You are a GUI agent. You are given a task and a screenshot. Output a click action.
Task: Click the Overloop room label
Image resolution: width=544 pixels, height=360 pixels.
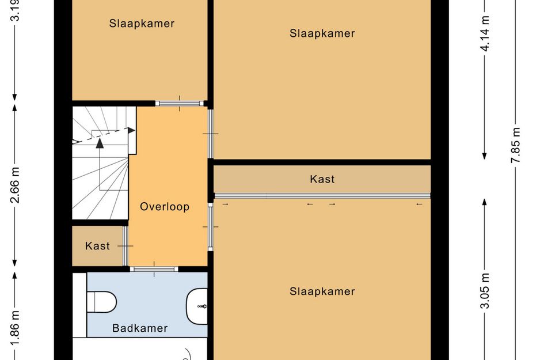point(165,207)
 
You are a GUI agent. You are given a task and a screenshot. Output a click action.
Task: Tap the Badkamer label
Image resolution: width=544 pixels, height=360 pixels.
point(140,328)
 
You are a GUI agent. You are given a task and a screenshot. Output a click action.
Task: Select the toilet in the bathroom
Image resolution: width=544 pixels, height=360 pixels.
point(101,302)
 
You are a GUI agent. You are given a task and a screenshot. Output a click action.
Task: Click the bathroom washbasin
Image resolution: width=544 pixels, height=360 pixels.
point(197,306)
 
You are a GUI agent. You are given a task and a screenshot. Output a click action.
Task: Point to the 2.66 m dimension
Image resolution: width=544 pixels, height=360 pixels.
point(15,185)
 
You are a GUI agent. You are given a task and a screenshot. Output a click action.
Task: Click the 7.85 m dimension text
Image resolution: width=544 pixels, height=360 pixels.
point(516,145)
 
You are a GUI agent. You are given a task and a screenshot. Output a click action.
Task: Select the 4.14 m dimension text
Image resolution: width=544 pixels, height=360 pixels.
point(485,33)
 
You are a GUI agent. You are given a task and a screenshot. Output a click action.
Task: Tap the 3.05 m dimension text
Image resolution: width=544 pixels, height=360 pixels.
point(485,290)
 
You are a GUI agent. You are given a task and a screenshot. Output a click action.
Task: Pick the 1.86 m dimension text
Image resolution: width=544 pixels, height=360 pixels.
point(15,328)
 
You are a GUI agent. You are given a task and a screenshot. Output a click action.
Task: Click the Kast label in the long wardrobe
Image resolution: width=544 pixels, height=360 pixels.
point(322,179)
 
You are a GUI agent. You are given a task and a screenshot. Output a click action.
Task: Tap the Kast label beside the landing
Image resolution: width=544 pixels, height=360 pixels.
point(97,246)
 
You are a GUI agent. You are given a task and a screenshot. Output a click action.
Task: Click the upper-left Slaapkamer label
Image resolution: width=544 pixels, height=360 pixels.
point(142,23)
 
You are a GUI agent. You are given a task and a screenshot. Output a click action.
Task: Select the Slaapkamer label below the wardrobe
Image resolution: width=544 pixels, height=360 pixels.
point(322,291)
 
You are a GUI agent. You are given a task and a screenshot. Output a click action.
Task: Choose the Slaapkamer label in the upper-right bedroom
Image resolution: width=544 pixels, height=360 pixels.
point(322,33)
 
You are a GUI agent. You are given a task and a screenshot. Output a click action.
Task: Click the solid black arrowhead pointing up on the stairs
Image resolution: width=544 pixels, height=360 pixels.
point(100,143)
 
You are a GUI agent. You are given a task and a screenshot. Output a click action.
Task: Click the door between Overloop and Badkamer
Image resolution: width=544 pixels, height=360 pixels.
point(154,269)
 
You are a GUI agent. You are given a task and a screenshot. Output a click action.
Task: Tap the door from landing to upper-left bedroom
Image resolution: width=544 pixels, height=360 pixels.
point(180,104)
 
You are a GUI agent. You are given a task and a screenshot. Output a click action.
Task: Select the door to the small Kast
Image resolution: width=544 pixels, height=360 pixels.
point(125,246)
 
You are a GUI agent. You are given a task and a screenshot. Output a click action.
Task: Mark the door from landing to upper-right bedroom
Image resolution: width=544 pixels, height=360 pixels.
point(211,134)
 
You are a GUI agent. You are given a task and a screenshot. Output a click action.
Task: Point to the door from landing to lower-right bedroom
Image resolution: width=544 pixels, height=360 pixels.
point(211,227)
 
